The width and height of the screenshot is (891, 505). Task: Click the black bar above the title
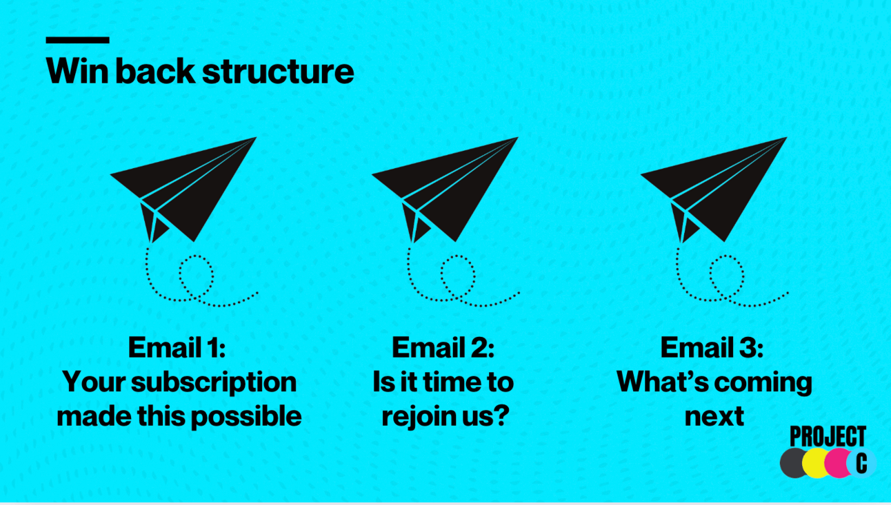[x=77, y=41]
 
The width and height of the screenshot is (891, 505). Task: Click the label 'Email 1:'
[x=177, y=348]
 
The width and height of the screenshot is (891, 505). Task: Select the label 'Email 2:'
[x=443, y=348]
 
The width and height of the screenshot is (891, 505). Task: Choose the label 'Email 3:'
[x=712, y=348]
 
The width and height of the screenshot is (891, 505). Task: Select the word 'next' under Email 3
[x=714, y=416]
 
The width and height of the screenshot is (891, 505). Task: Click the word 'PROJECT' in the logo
[x=828, y=437]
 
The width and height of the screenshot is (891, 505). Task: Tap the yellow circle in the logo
[x=816, y=463]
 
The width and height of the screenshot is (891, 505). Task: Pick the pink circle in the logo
[x=837, y=463]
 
